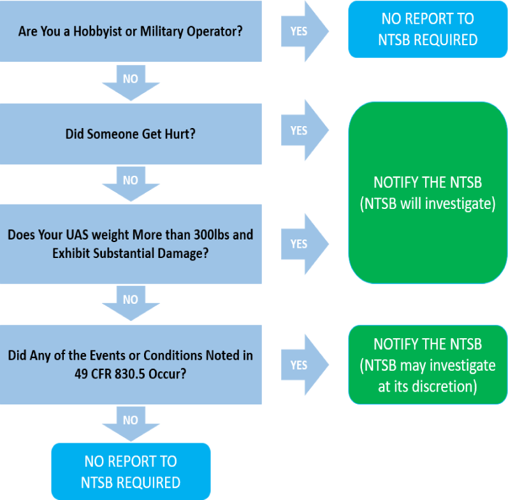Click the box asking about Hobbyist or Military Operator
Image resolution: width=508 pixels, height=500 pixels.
point(131,31)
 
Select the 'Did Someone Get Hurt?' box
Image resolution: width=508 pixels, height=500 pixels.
point(131,134)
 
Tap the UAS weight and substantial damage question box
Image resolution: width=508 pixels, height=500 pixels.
point(131,244)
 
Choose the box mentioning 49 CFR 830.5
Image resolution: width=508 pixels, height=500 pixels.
point(131,364)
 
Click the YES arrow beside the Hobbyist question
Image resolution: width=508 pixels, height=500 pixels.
point(305,31)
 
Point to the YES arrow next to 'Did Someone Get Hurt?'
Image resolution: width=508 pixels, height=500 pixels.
point(305,130)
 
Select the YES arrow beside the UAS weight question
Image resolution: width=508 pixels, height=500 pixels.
point(305,244)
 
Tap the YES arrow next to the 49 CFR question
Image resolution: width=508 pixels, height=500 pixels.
point(305,364)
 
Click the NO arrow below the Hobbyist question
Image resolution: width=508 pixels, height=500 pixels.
point(131,83)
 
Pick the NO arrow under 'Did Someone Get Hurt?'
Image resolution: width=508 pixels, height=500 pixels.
point(131,184)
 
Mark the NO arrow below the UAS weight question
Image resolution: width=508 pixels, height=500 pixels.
point(131,303)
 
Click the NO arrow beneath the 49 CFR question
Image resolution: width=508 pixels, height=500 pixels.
point(131,424)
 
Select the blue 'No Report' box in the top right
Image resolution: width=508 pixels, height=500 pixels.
point(428,29)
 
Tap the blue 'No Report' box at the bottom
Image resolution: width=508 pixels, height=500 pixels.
point(131,471)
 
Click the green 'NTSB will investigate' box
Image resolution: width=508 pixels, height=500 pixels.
point(428,193)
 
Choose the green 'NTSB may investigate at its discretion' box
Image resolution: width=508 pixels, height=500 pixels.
point(428,364)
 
